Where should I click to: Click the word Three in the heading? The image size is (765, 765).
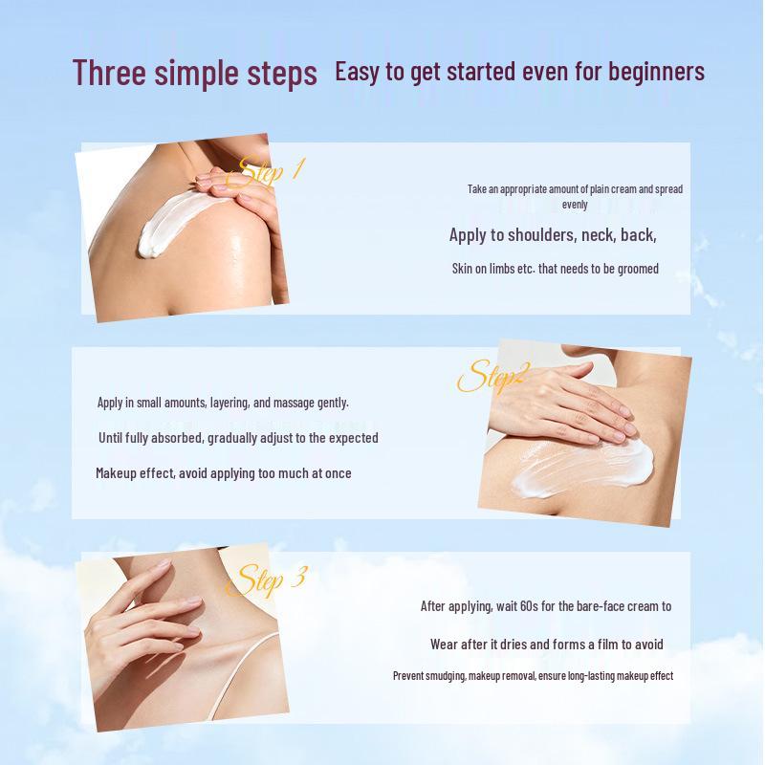[109, 73]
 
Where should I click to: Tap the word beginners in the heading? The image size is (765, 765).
[656, 72]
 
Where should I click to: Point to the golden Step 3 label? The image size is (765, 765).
[267, 579]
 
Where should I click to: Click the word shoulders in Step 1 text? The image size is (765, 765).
[537, 235]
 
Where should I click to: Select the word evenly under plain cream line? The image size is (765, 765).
[575, 205]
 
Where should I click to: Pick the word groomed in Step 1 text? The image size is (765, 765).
[638, 269]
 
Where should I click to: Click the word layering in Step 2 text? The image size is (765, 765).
[230, 403]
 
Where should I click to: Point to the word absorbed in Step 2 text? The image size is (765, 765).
[177, 438]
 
